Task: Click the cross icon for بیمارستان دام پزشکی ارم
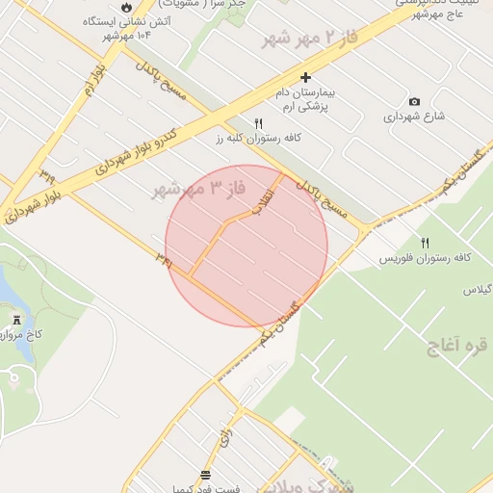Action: (x=306, y=77)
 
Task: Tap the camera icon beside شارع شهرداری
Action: (x=414, y=101)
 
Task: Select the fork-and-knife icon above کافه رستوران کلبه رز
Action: (x=258, y=123)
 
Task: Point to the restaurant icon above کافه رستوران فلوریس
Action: (x=426, y=242)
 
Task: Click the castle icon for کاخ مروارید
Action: (x=16, y=319)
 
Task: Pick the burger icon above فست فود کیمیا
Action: (x=205, y=475)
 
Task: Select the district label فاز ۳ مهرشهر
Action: (x=193, y=188)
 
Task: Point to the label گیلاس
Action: (x=478, y=289)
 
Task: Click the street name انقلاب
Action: (x=262, y=196)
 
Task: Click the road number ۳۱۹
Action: (x=47, y=177)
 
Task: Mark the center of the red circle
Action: (x=246, y=246)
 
